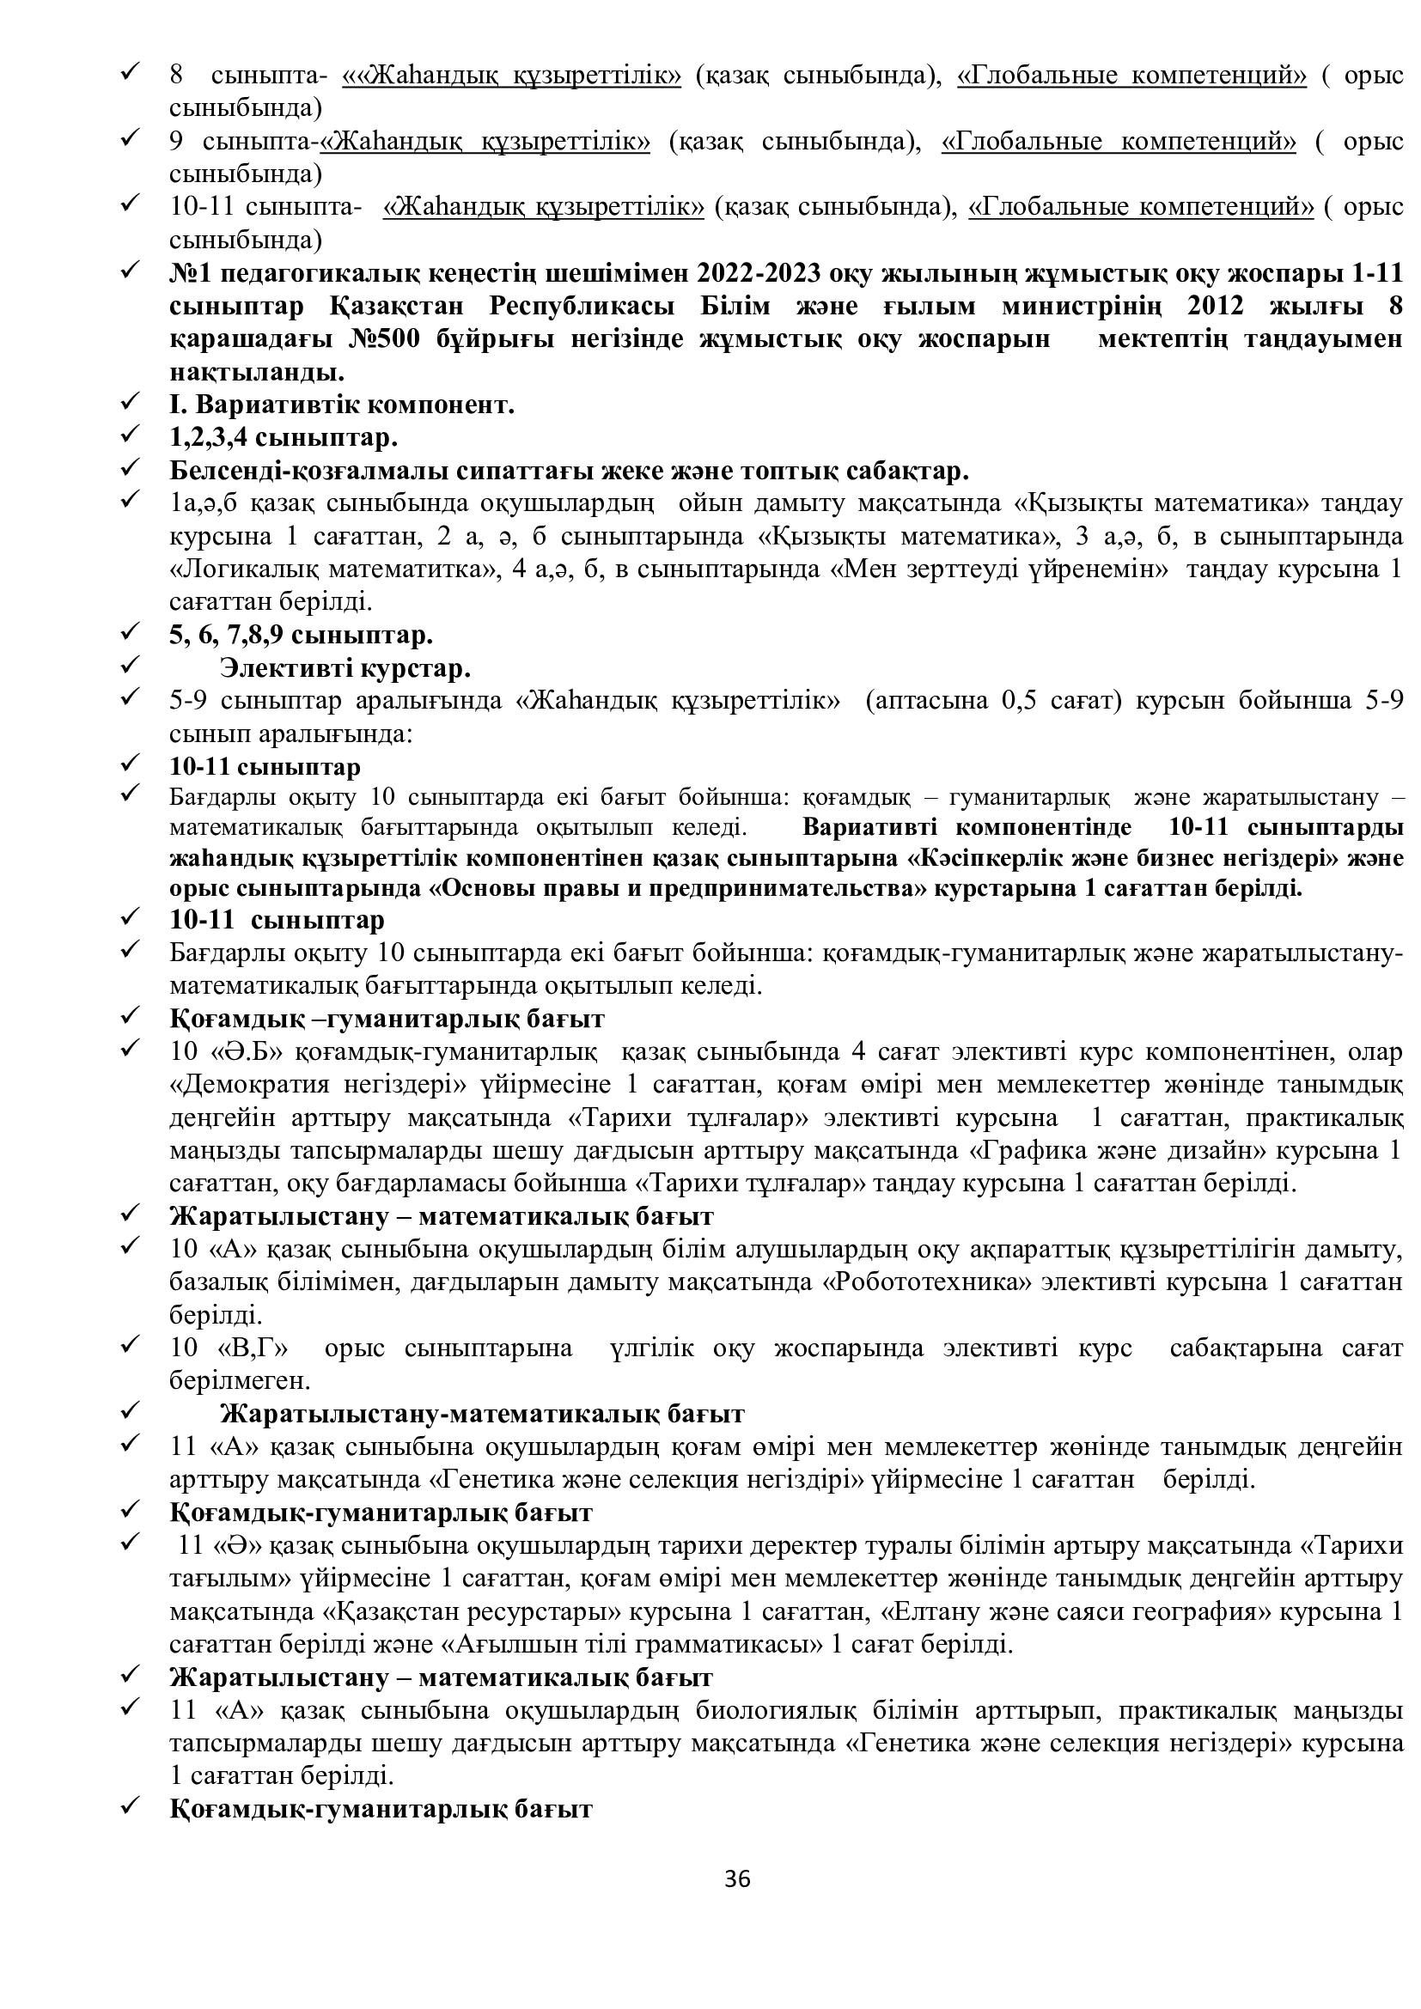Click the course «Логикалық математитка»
click(320, 569)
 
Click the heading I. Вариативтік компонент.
click(341, 405)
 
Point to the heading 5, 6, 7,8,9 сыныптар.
click(301, 635)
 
